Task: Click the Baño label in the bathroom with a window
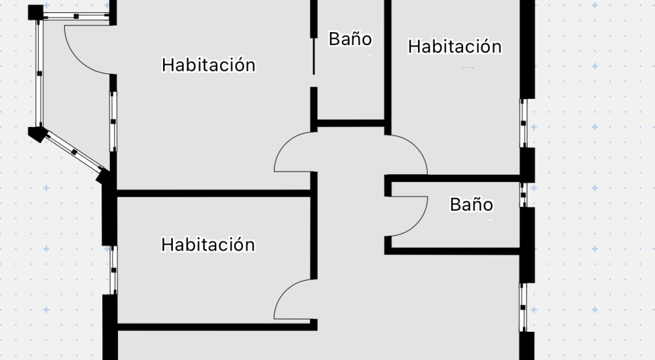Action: coord(471,205)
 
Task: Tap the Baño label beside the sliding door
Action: coord(350,39)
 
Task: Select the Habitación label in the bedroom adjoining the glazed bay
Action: coord(208,65)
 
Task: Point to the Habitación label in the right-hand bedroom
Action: coord(455,46)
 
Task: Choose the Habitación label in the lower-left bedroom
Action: coord(208,245)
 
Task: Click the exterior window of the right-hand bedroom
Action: coord(523,123)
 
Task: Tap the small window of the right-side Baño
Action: coord(523,194)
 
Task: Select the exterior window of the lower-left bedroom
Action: coord(113,270)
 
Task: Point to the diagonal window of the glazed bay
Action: coord(74,152)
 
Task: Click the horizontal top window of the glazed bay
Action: coord(76,16)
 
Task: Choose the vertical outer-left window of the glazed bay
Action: coord(39,73)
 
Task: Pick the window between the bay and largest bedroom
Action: coord(113,122)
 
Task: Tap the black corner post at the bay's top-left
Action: coord(35,12)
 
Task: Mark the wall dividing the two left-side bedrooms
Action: coord(214,193)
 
